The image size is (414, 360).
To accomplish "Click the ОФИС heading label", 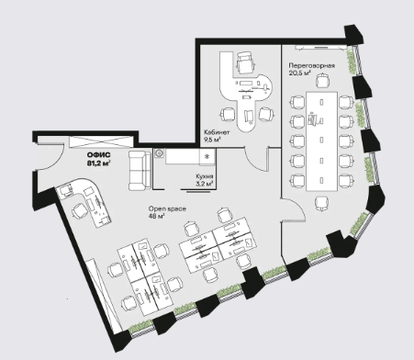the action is [x=98, y=155].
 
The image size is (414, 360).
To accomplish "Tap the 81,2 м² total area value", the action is [x=98, y=163].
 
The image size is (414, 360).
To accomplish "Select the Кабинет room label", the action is [x=217, y=132].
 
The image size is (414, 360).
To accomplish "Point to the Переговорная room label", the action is [x=312, y=65].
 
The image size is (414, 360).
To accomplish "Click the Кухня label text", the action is [x=205, y=176].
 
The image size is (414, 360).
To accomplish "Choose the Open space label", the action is [x=167, y=209].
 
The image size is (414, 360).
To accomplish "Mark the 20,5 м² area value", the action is [x=300, y=73].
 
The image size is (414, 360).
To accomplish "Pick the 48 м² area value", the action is [x=157, y=217].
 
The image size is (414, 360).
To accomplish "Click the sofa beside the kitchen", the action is [x=140, y=170].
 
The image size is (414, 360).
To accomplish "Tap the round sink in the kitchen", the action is [x=159, y=153].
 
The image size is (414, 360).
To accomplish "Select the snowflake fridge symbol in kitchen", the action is [x=207, y=157].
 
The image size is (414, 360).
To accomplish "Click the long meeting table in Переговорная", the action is [x=321, y=141].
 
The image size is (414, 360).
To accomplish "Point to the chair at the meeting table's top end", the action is [x=322, y=81].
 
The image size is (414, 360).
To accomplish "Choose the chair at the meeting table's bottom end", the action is [x=322, y=203].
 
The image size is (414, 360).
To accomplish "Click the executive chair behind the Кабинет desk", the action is [x=246, y=63].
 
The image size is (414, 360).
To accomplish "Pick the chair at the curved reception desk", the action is [x=80, y=211].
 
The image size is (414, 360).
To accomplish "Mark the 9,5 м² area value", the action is [x=213, y=140].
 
